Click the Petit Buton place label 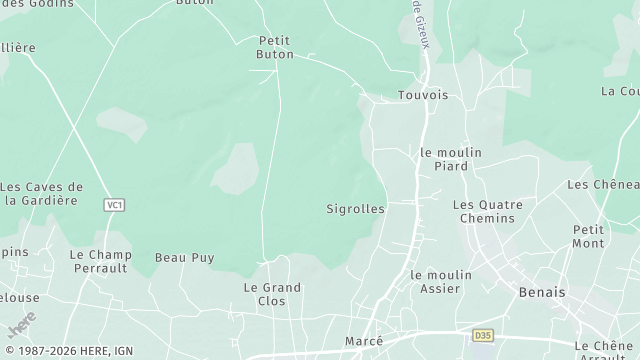click(275, 47)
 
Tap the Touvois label click(423, 95)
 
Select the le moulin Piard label click(451, 159)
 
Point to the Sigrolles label click(355, 209)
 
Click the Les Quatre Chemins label click(488, 211)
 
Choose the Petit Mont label click(588, 236)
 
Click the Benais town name click(543, 293)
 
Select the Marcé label click(364, 341)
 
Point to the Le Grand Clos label click(272, 294)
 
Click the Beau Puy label click(184, 257)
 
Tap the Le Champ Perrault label click(100, 262)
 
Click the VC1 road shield click(114, 205)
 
